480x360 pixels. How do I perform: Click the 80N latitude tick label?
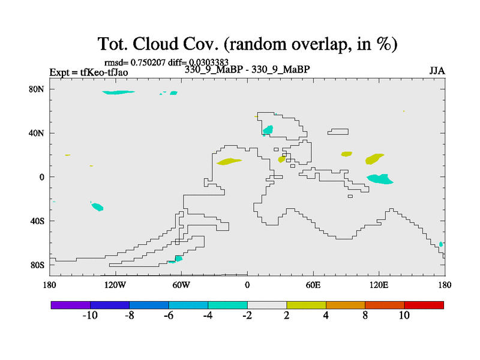click(37, 89)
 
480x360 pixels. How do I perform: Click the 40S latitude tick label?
click(37, 221)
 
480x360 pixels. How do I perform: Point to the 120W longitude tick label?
click(115, 286)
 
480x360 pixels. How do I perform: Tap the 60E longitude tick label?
click(313, 286)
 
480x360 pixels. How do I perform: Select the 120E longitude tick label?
click(379, 286)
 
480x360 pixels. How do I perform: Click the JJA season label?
click(437, 71)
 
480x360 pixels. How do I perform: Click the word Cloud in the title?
click(155, 44)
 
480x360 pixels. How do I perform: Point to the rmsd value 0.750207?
click(148, 62)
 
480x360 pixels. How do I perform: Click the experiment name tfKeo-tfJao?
click(104, 73)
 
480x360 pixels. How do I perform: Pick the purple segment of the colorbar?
click(71, 305)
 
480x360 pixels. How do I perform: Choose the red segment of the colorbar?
click(424, 305)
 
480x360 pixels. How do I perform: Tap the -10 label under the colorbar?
click(90, 316)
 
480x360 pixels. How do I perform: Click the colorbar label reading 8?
click(365, 316)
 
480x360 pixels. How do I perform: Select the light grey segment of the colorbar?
click(267, 305)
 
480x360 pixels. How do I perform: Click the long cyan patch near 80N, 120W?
click(118, 92)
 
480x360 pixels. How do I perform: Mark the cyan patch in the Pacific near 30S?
click(98, 207)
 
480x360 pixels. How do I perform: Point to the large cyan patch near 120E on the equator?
click(380, 179)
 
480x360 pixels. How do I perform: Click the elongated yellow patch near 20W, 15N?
click(229, 161)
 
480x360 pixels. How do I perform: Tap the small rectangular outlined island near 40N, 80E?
click(338, 131)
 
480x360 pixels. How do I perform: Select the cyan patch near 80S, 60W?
click(176, 259)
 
